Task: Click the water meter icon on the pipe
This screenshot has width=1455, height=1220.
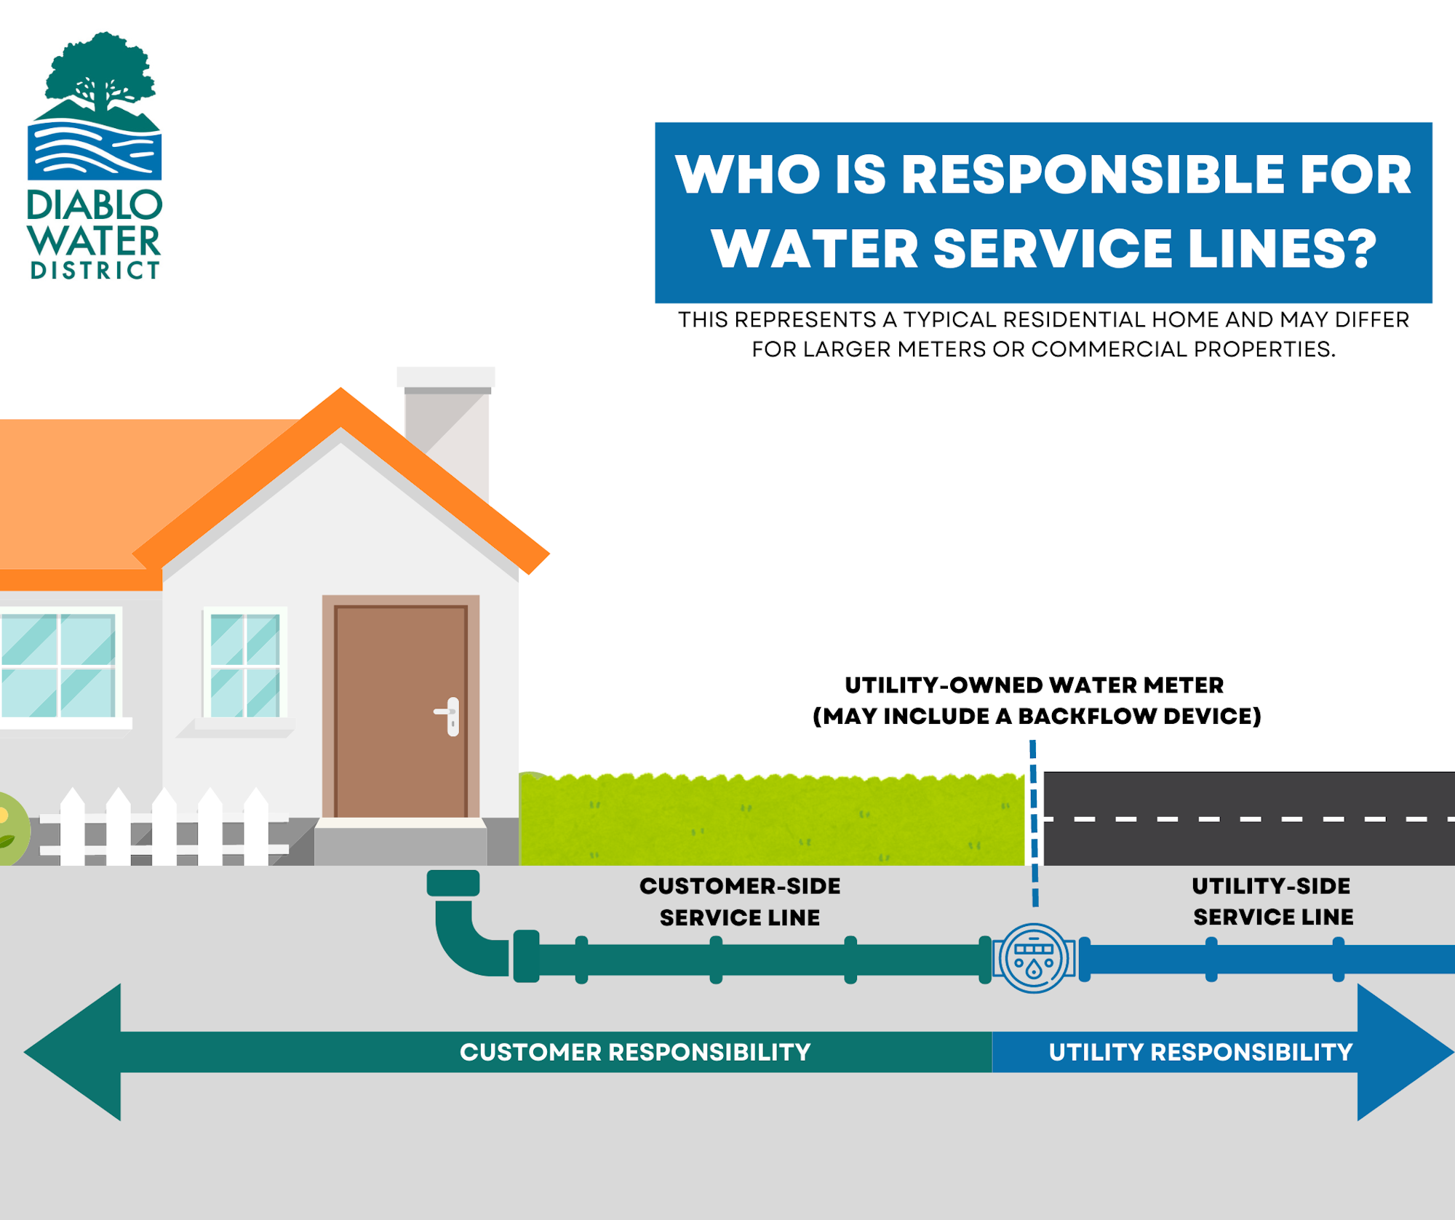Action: click(x=1034, y=958)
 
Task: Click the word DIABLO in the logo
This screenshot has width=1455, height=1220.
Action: click(x=95, y=207)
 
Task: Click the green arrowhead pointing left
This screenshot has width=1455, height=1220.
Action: click(x=73, y=1051)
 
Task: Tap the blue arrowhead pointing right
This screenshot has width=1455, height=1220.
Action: click(x=1400, y=1051)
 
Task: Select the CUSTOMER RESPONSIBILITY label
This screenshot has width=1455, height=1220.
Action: click(x=635, y=1052)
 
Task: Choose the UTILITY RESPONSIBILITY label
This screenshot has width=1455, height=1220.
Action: click(x=1200, y=1052)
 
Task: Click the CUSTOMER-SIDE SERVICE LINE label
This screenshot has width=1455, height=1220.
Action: click(x=740, y=901)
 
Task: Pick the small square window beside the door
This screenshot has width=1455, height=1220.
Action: click(x=245, y=664)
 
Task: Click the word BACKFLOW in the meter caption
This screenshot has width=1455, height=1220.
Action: click(x=1087, y=717)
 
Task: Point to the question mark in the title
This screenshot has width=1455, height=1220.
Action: click(x=1356, y=249)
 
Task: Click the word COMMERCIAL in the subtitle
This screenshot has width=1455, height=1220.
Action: click(x=1109, y=349)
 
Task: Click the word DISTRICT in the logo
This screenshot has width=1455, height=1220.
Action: click(x=95, y=271)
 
